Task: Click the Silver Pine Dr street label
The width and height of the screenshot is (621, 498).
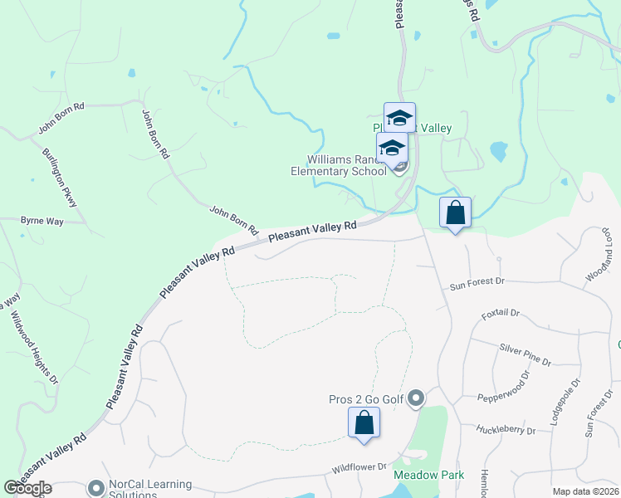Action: (524, 354)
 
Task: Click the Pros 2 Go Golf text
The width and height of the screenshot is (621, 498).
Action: (366, 400)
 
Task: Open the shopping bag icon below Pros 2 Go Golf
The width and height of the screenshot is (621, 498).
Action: (364, 423)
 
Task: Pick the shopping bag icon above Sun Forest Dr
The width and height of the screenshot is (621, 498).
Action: (455, 213)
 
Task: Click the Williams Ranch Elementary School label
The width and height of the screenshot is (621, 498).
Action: (347, 165)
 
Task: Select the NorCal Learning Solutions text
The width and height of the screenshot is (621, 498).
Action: (150, 489)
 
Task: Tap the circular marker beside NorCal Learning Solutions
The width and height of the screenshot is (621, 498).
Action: (96, 488)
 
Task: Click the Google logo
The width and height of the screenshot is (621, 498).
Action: (27, 488)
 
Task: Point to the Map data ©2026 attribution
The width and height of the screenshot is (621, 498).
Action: (585, 491)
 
